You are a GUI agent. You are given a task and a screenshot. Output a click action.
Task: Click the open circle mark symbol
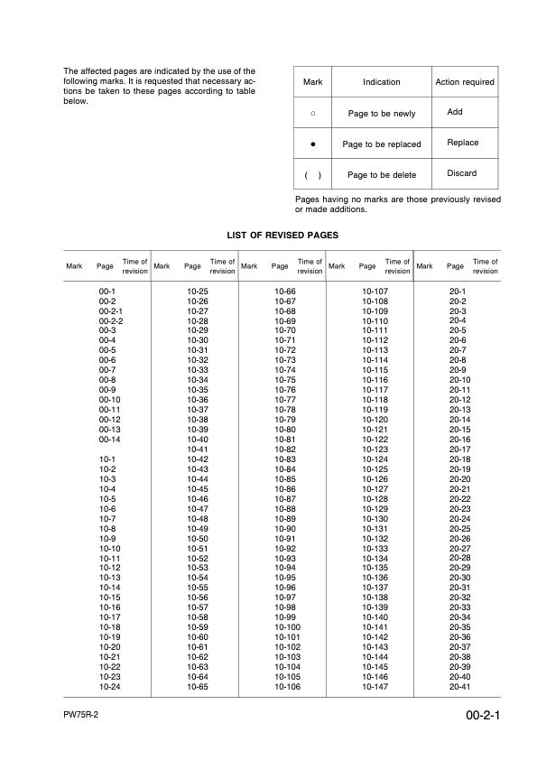(x=312, y=114)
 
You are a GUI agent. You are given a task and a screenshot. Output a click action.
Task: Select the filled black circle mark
(x=312, y=144)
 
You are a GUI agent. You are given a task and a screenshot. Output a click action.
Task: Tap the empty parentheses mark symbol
(x=312, y=174)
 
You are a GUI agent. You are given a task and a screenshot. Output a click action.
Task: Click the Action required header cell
(x=465, y=82)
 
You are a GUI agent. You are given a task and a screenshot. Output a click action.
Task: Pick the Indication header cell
(x=381, y=82)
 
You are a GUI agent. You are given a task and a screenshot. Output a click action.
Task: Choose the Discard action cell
(x=462, y=173)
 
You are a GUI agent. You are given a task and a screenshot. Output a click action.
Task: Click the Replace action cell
(x=462, y=143)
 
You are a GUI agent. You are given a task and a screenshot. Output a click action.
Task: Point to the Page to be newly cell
(x=381, y=114)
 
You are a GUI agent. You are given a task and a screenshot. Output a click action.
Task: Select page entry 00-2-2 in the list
(x=110, y=320)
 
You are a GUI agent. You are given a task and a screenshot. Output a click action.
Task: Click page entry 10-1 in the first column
(x=107, y=459)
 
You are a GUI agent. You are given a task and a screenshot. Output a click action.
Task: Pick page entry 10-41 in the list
(x=198, y=449)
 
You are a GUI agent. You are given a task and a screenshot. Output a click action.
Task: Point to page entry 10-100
(x=287, y=627)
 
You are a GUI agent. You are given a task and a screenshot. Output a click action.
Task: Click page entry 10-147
(x=375, y=687)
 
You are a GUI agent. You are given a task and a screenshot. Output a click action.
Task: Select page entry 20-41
(x=460, y=687)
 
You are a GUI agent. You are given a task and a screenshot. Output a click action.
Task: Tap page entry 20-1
(x=458, y=291)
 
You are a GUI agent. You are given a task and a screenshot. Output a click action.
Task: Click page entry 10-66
(x=285, y=291)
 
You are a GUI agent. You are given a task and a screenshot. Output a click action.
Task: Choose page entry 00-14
(x=109, y=439)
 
